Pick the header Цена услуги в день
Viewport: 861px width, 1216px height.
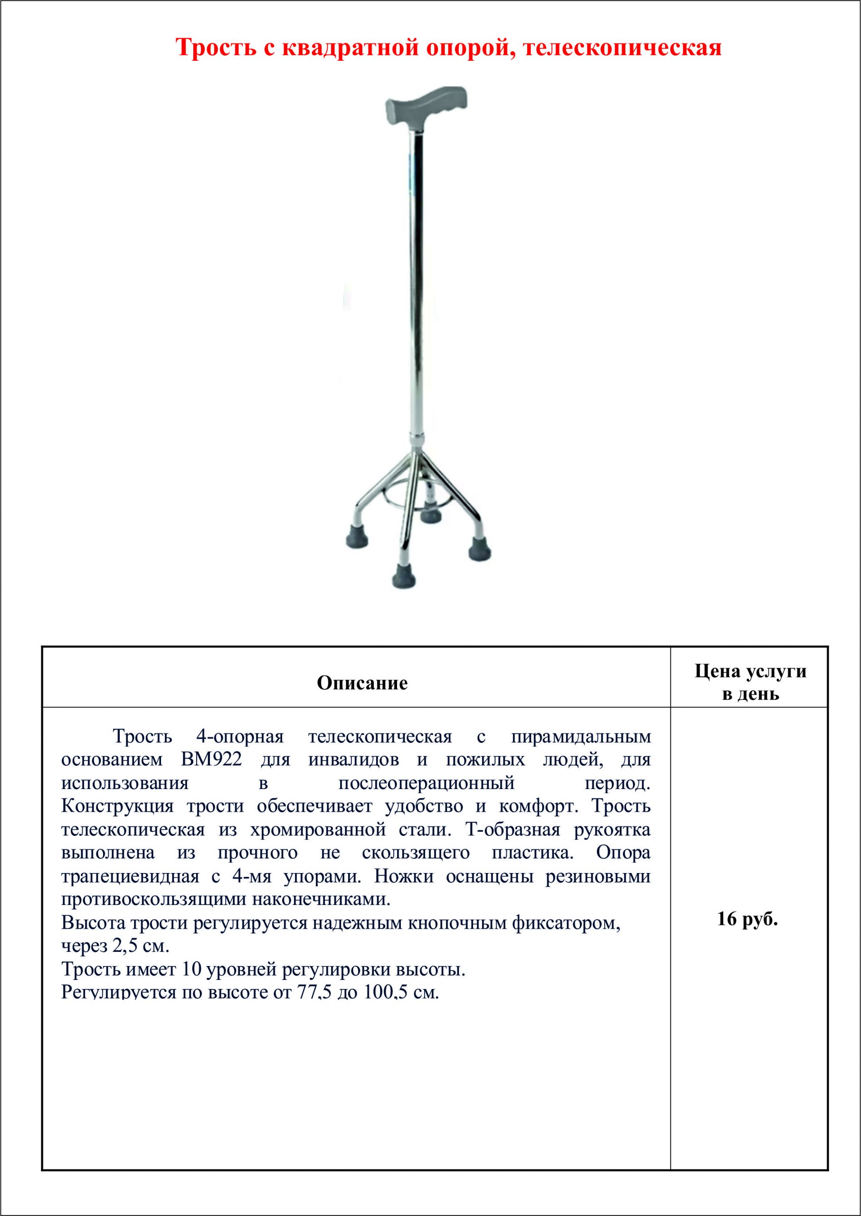tap(750, 683)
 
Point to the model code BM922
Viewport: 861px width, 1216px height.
tap(211, 760)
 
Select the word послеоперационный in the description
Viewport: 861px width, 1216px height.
tap(427, 783)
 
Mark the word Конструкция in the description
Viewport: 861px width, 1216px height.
tap(117, 807)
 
